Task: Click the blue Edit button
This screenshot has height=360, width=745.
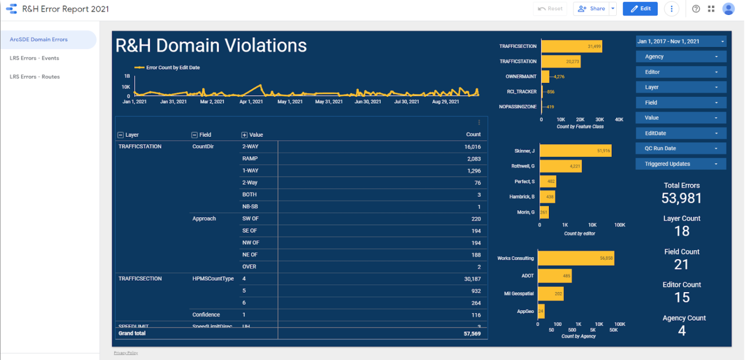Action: click(x=640, y=8)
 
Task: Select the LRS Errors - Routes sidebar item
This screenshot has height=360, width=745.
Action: click(x=34, y=77)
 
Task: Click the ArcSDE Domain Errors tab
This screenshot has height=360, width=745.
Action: click(x=38, y=39)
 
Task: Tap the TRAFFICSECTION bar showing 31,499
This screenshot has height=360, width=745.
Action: click(x=571, y=46)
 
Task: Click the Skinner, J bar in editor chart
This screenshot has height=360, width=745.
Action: click(x=575, y=151)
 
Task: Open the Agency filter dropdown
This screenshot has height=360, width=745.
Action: click(x=681, y=57)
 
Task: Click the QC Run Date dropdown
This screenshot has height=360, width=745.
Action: click(x=681, y=148)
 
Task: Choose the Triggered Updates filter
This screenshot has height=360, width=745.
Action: click(x=681, y=164)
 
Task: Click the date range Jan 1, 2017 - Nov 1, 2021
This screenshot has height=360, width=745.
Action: click(x=681, y=41)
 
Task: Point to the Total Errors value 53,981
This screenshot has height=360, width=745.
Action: click(x=681, y=198)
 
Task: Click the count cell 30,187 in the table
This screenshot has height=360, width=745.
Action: click(x=472, y=279)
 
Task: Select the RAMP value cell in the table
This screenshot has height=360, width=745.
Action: click(x=249, y=159)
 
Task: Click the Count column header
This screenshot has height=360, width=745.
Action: click(x=473, y=135)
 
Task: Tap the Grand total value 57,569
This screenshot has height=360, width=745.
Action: click(x=471, y=334)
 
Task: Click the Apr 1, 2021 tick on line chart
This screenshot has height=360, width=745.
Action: click(x=251, y=102)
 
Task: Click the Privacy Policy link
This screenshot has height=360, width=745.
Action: click(x=126, y=353)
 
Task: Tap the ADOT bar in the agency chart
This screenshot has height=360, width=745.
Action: click(x=554, y=276)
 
